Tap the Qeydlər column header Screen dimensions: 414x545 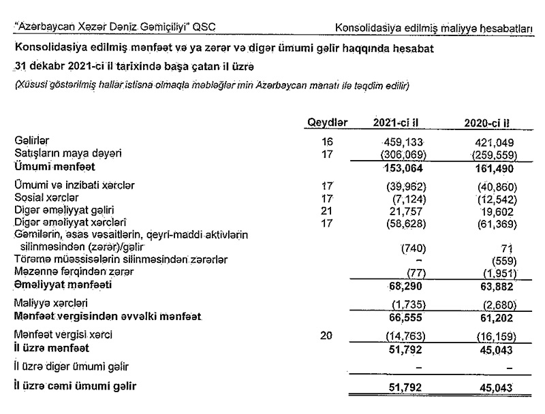[328, 123]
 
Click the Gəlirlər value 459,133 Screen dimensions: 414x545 [405, 143]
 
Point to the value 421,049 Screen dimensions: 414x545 [494, 143]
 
